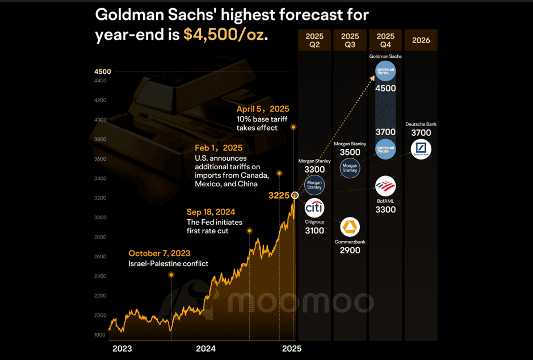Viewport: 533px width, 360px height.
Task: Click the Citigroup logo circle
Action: click(x=314, y=207)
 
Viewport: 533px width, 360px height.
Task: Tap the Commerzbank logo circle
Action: click(x=350, y=227)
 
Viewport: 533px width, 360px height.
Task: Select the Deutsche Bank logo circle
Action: click(x=421, y=149)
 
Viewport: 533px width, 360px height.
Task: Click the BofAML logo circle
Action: click(x=385, y=186)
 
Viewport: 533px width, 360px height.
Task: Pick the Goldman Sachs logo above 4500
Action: click(x=385, y=72)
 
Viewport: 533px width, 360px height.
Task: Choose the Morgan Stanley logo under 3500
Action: click(x=350, y=168)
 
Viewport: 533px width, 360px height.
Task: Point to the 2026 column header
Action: click(x=421, y=40)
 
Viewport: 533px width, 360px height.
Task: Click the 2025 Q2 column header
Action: click(x=314, y=40)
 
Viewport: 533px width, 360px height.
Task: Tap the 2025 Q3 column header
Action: click(x=350, y=40)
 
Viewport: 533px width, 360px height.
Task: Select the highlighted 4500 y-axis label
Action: click(x=103, y=72)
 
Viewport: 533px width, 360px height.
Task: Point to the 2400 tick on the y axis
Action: click(x=100, y=276)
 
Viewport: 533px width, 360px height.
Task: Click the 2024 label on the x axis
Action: click(x=205, y=348)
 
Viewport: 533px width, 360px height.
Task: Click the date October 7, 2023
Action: click(x=159, y=253)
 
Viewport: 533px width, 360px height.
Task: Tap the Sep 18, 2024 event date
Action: click(x=211, y=212)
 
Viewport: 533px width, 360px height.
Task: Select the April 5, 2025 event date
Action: click(x=263, y=109)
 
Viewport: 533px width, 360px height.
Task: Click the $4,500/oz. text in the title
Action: click(x=224, y=35)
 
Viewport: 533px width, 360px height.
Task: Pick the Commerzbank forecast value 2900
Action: click(x=350, y=250)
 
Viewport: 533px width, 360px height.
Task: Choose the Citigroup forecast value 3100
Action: click(x=314, y=231)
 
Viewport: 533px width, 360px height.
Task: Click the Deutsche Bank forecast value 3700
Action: click(x=421, y=133)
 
